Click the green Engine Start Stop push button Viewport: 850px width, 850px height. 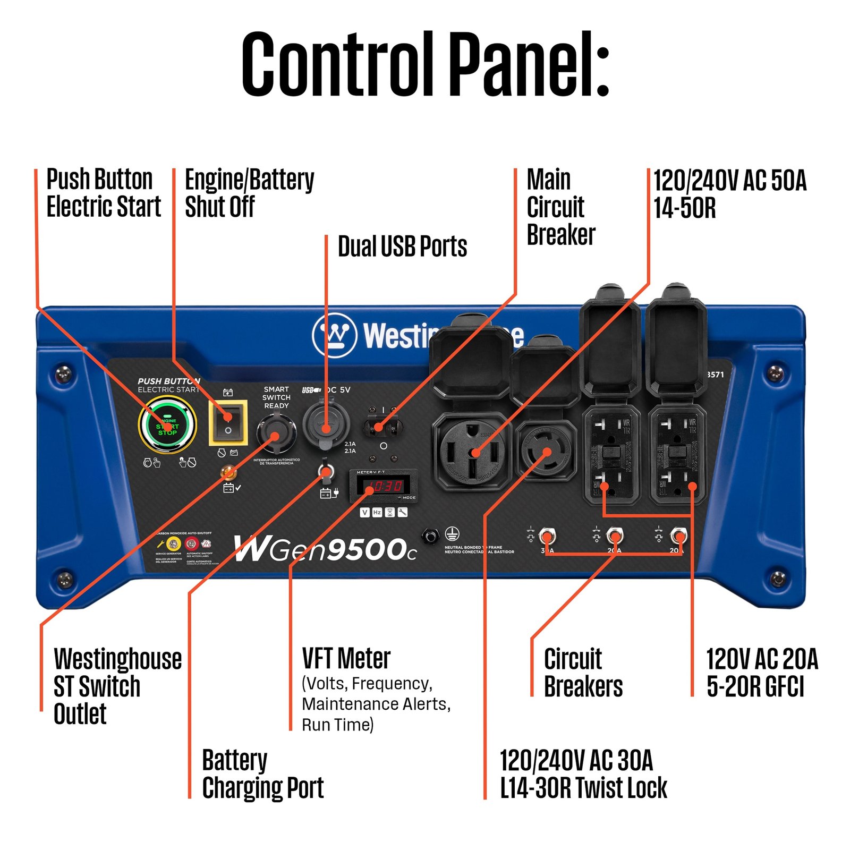click(167, 426)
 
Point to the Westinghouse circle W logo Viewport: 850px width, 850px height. click(334, 336)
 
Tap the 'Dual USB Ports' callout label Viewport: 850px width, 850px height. click(402, 246)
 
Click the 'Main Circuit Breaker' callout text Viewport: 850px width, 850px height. click(560, 207)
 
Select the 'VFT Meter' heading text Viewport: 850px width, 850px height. click(346, 659)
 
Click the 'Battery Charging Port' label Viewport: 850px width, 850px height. click(262, 774)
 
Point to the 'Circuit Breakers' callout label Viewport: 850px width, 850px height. click(583, 673)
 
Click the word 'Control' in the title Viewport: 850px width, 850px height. click(337, 64)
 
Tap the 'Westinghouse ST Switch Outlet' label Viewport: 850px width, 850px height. click(117, 686)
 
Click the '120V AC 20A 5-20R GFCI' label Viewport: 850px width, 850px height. click(761, 673)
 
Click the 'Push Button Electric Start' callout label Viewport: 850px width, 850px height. click(103, 193)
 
